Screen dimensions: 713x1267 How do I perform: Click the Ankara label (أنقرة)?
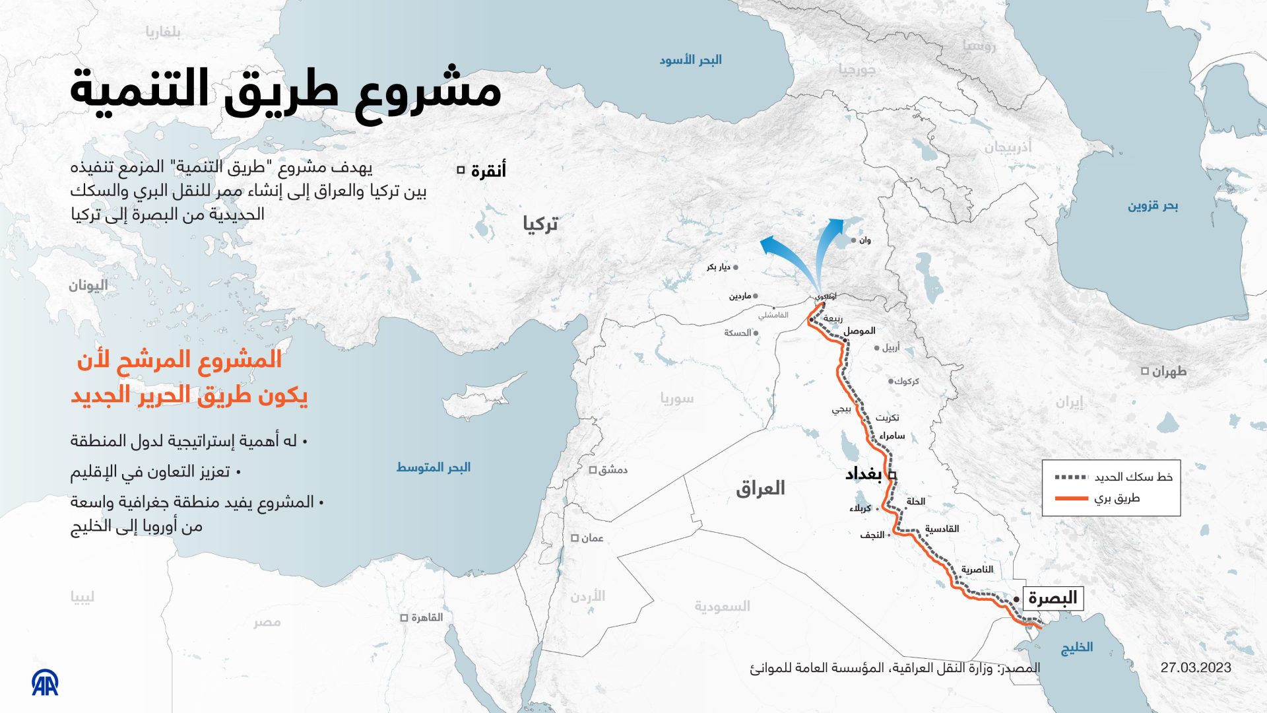click(x=488, y=170)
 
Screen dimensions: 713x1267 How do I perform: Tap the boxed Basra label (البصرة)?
click(x=1053, y=598)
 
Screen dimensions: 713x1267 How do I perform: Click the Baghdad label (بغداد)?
click(x=863, y=474)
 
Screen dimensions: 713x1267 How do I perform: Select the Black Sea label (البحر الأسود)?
click(x=690, y=60)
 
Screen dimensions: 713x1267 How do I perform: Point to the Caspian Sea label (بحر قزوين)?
click(x=1152, y=206)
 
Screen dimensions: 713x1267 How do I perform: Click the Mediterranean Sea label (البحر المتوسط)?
click(x=433, y=467)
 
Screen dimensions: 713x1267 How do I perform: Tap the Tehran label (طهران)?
click(x=1169, y=372)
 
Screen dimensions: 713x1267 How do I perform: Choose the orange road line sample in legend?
click(x=1071, y=498)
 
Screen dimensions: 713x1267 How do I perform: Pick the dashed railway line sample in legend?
click(x=1071, y=477)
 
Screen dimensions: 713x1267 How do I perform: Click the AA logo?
click(x=45, y=683)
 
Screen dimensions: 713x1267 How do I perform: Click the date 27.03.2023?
click(x=1196, y=667)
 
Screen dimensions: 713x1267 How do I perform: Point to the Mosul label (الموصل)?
click(x=860, y=331)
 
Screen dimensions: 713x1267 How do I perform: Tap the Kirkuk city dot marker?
click(x=890, y=382)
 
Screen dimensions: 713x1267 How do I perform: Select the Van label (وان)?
click(x=864, y=240)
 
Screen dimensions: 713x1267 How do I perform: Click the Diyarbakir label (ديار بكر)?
click(x=718, y=267)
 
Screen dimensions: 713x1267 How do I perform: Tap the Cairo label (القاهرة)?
click(x=427, y=618)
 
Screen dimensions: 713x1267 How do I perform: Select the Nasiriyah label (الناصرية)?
click(x=977, y=570)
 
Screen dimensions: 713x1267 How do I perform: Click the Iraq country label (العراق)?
click(x=760, y=489)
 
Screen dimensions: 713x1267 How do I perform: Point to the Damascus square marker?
click(x=593, y=470)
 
